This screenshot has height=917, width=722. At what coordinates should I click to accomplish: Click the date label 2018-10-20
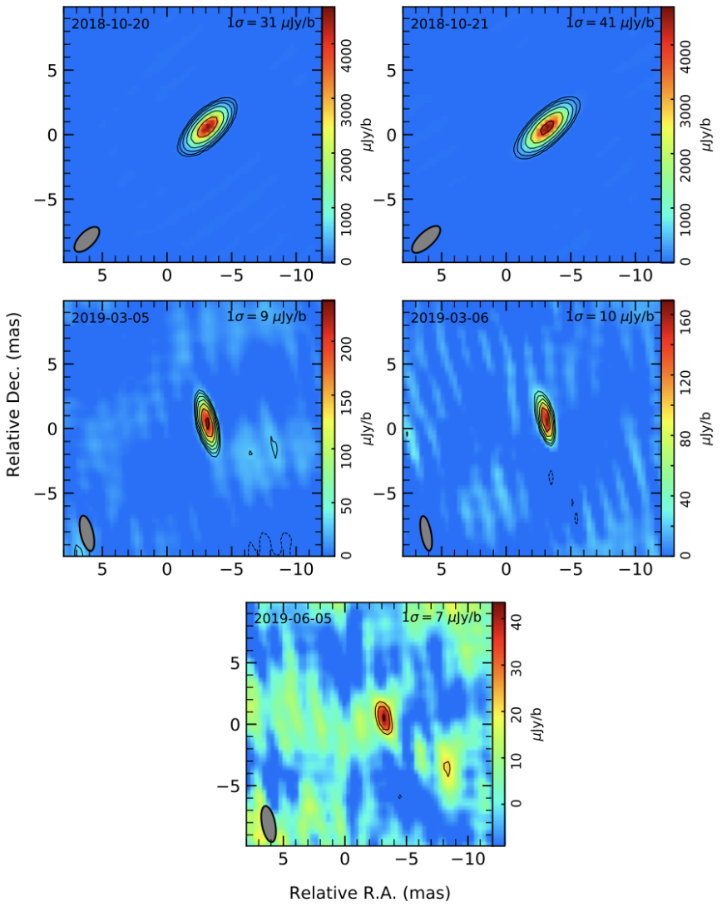point(111,23)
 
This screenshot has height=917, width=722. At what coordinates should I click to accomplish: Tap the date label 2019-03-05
point(111,317)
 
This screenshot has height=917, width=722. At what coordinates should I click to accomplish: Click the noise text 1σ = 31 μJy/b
point(270,23)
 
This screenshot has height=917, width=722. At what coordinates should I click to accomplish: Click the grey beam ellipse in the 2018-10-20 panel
point(87,239)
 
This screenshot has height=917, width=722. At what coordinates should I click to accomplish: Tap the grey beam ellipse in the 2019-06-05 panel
point(269,824)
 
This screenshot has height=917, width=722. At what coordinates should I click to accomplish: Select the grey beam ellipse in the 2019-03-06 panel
point(426,533)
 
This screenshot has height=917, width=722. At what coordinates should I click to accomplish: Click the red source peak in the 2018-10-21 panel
point(546,128)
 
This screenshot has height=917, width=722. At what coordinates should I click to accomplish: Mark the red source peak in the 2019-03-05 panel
point(207,423)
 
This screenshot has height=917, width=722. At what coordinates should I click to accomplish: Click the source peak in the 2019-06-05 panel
point(383,716)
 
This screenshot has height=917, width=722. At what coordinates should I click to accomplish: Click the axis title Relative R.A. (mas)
point(369,894)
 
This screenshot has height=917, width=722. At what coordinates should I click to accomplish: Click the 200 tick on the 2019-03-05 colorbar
point(347,351)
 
